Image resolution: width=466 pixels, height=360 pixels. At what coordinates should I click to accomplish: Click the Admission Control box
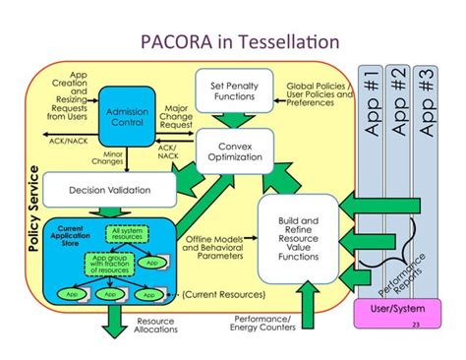(x=125, y=117)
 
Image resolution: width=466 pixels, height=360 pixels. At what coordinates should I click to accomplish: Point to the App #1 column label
(x=371, y=103)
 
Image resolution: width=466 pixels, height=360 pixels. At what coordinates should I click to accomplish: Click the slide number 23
(x=416, y=325)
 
